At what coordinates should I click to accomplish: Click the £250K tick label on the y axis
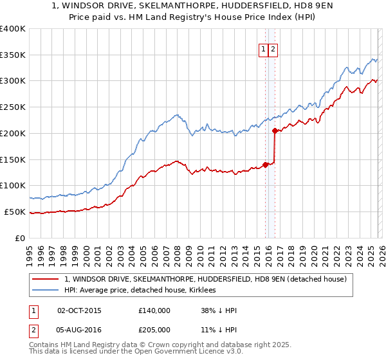pyautogui.click(x=13, y=107)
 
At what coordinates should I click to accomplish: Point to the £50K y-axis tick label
pyautogui.click(x=15, y=212)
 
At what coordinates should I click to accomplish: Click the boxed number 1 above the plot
pyautogui.click(x=264, y=50)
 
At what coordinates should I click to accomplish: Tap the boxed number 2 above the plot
pyautogui.click(x=273, y=50)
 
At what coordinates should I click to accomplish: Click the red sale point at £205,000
pyautogui.click(x=275, y=130)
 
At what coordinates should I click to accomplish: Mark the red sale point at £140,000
pyautogui.click(x=265, y=165)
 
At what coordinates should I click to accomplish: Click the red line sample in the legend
pyautogui.click(x=46, y=279)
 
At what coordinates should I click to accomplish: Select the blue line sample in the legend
pyautogui.click(x=46, y=290)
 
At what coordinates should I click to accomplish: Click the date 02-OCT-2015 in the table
pyautogui.click(x=79, y=310)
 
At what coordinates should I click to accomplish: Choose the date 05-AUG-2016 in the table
pyautogui.click(x=79, y=329)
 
